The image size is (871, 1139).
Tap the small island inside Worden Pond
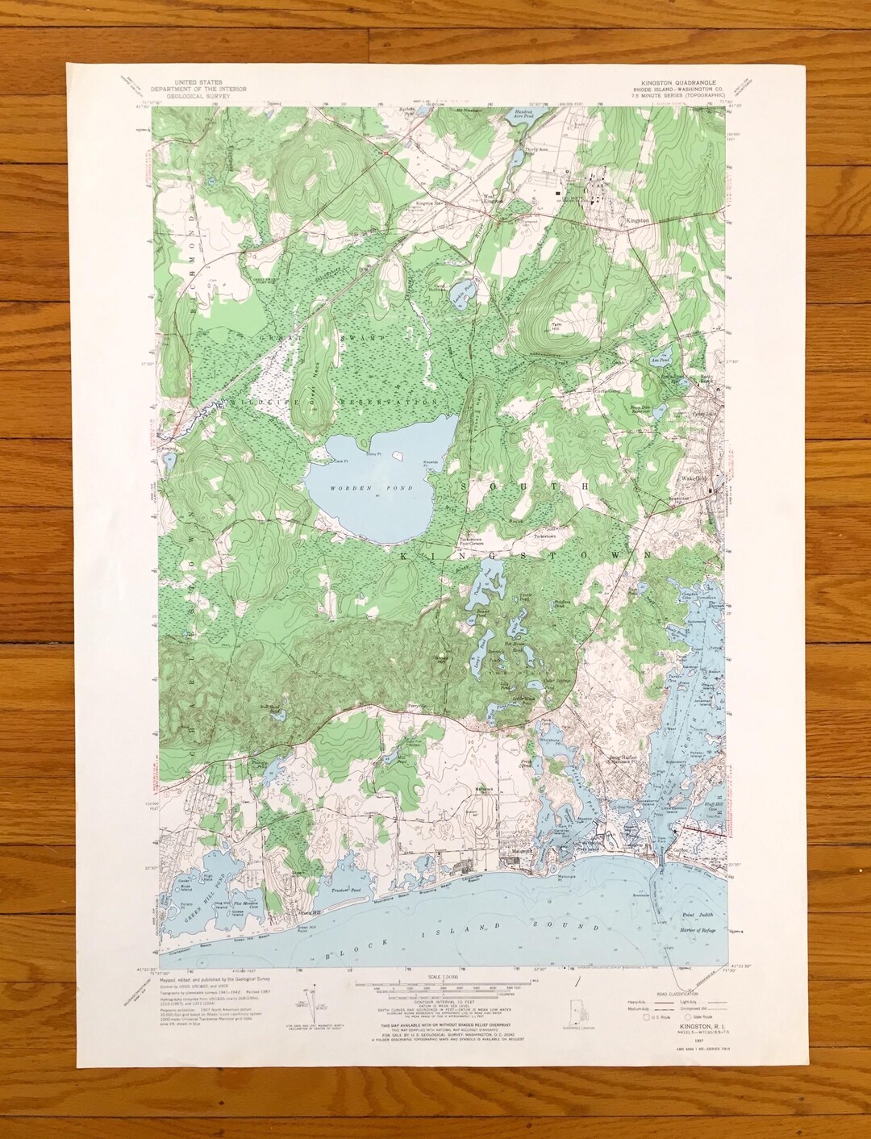point(396,456)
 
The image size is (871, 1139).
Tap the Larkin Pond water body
point(462,290)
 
